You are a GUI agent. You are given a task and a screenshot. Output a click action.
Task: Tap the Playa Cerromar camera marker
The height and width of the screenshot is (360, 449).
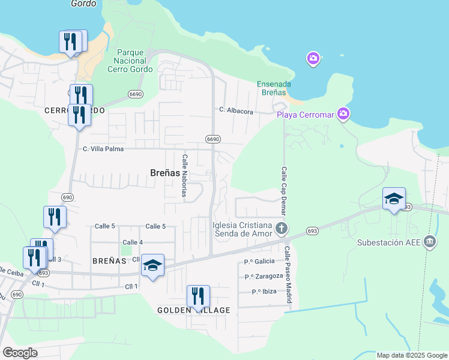point(343,114)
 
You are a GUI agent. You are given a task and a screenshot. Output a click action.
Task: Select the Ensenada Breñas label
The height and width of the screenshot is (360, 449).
point(274,88)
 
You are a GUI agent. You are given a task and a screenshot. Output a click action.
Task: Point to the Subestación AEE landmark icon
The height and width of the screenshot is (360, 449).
point(430,242)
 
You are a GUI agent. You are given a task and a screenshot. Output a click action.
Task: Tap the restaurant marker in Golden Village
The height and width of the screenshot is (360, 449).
point(198,296)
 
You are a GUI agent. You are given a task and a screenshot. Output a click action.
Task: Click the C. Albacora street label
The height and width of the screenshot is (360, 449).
point(236,110)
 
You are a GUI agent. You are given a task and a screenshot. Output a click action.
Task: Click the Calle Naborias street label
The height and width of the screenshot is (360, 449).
point(185,175)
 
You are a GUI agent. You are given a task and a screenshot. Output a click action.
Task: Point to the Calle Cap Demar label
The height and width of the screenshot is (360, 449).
point(283,191)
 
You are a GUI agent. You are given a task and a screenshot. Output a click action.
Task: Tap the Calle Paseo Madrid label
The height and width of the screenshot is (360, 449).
point(288,274)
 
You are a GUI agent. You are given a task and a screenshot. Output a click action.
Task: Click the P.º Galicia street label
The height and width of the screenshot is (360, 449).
point(259,261)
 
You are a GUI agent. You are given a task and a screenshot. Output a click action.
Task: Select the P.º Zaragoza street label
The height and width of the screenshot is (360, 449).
point(264,276)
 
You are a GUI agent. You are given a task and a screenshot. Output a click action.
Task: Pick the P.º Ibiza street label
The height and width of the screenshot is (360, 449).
point(264,292)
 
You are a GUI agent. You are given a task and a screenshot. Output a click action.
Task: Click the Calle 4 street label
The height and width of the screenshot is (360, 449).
point(132,242)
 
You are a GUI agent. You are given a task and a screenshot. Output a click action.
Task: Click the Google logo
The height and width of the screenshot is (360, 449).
point(20,353)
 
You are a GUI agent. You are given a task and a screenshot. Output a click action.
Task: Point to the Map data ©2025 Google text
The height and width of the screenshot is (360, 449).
point(411,355)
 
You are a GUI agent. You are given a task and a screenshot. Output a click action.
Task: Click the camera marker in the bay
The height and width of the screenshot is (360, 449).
point(313,59)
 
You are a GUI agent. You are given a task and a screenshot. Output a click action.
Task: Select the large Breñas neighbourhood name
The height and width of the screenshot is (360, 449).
point(164,173)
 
